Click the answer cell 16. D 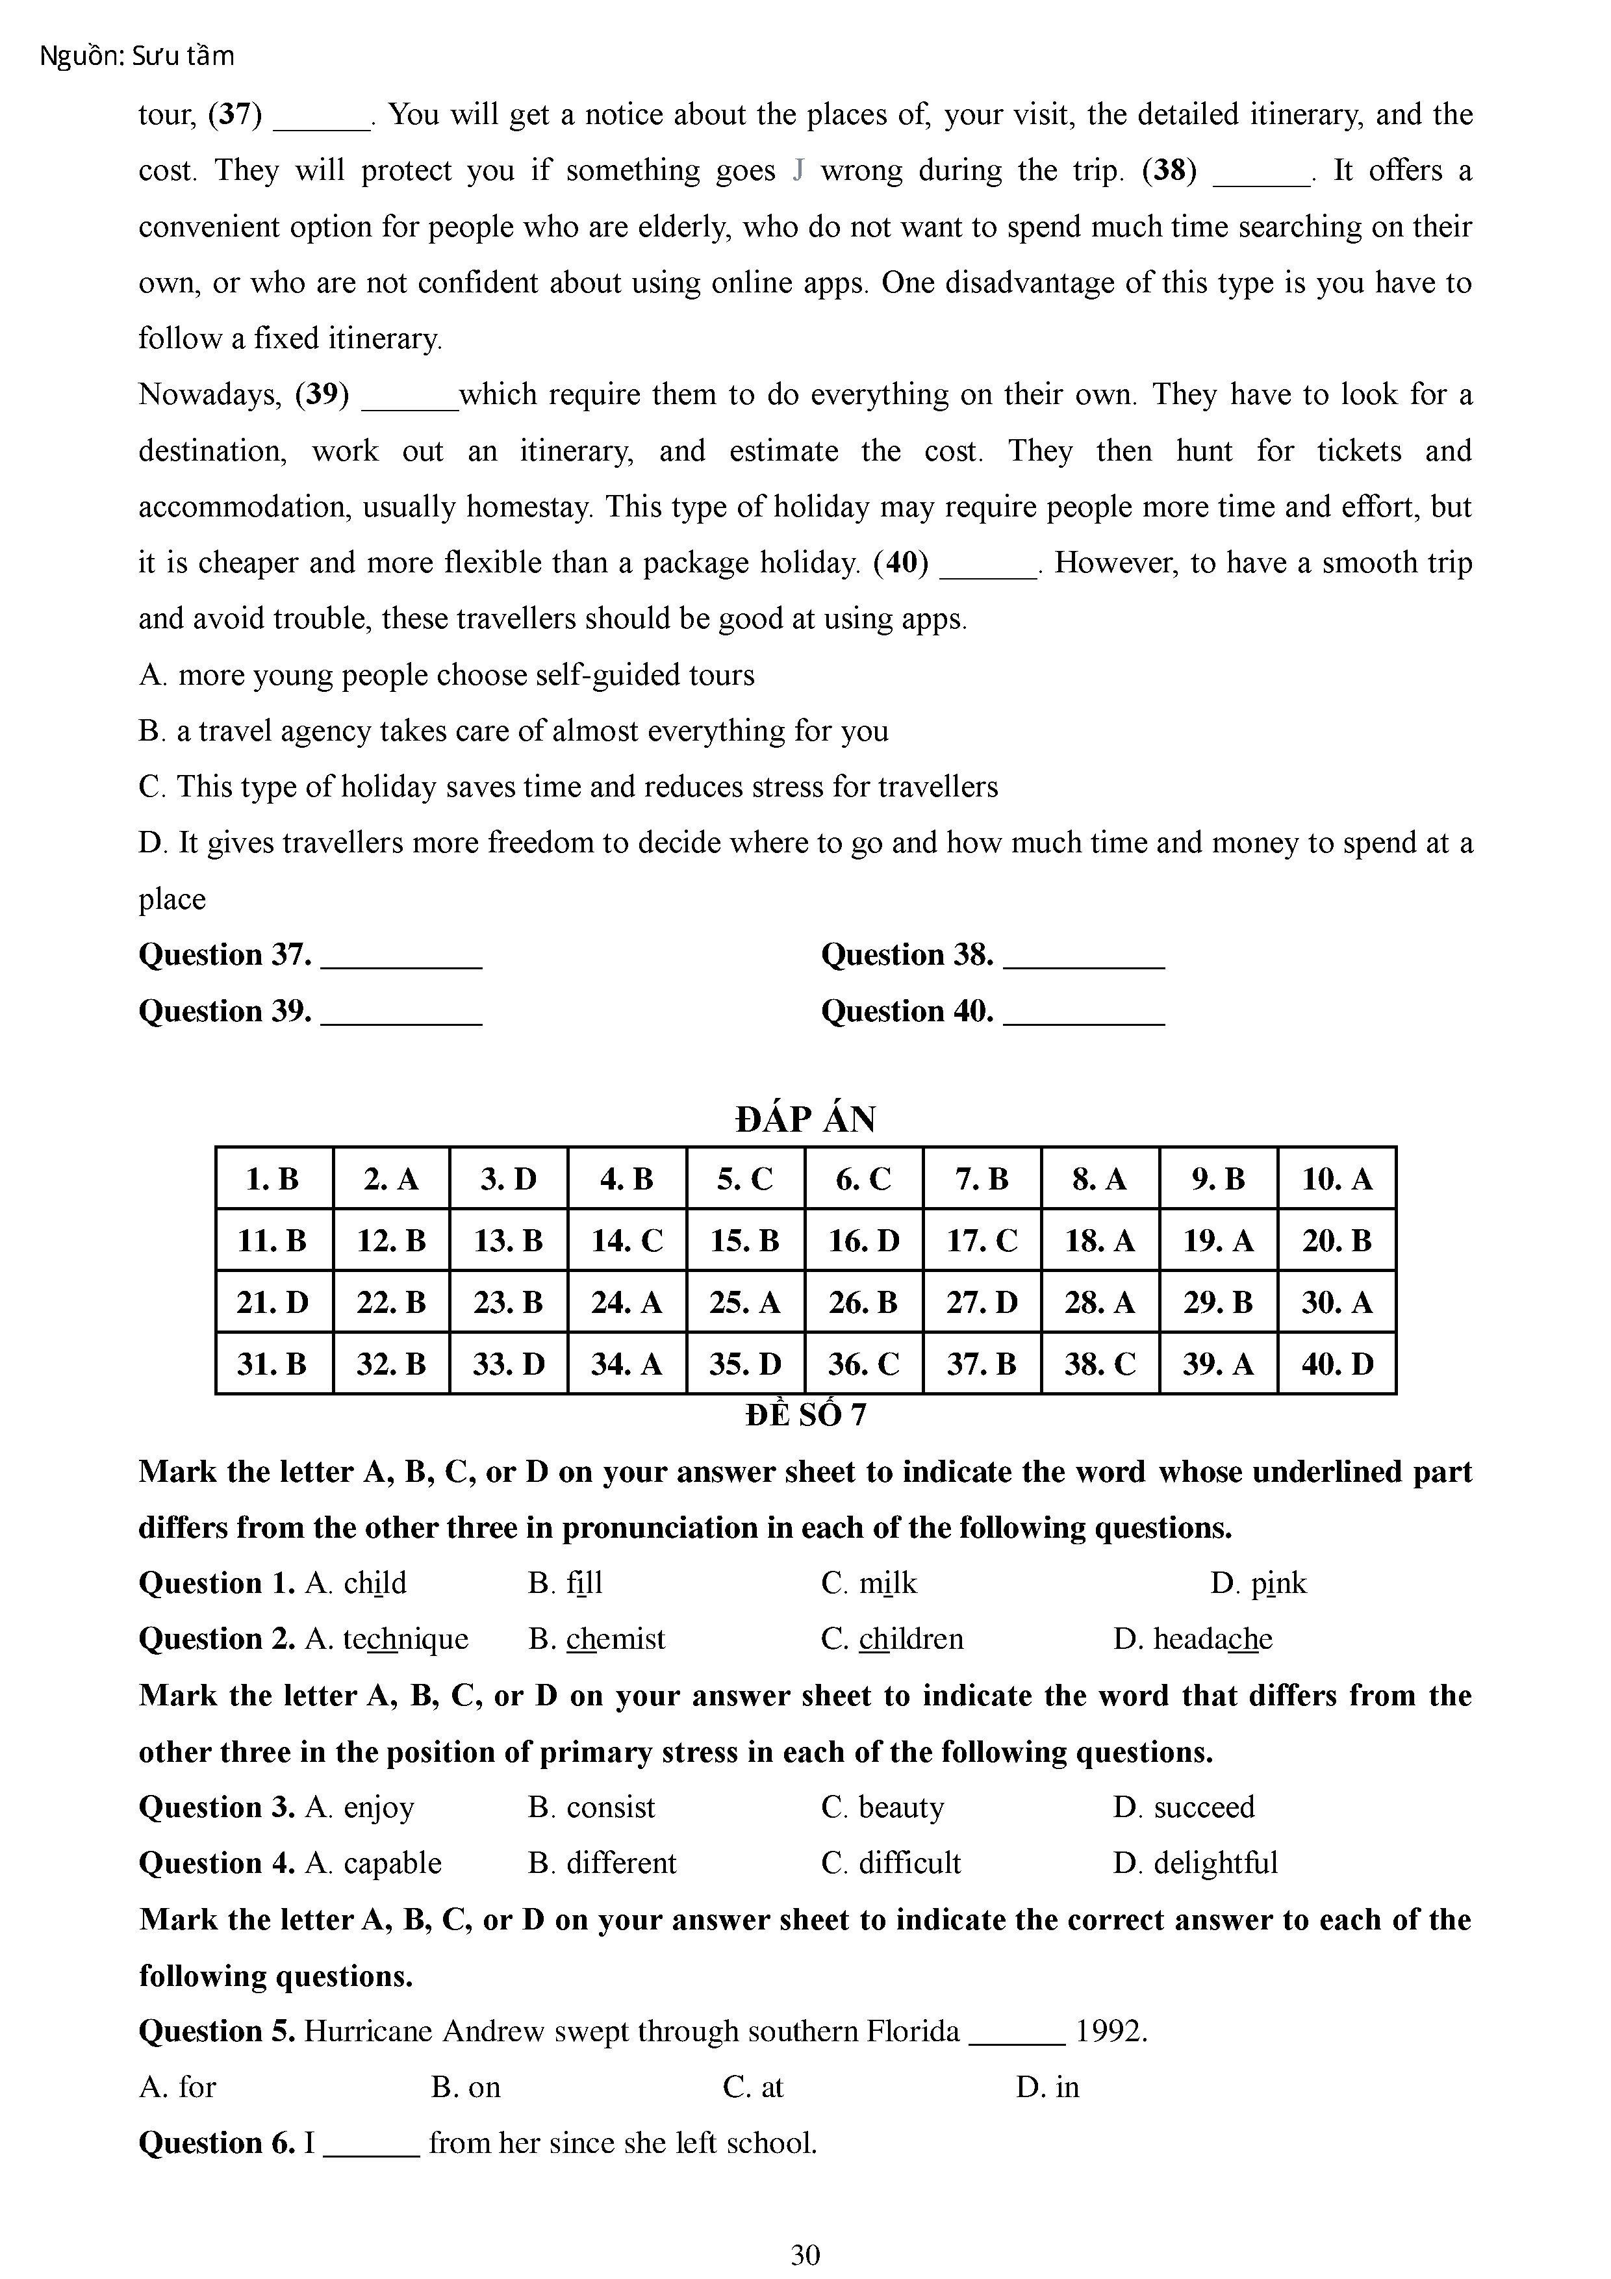pyautogui.click(x=863, y=1241)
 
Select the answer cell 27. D pyautogui.click(x=982, y=1303)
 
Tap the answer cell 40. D pyautogui.click(x=1337, y=1364)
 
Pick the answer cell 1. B pyautogui.click(x=273, y=1179)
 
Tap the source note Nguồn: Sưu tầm pyautogui.click(x=137, y=57)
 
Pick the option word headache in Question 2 pyautogui.click(x=1212, y=1639)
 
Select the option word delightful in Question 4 pyautogui.click(x=1215, y=1863)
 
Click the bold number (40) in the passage pyautogui.click(x=900, y=563)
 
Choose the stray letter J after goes pyautogui.click(x=798, y=171)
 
